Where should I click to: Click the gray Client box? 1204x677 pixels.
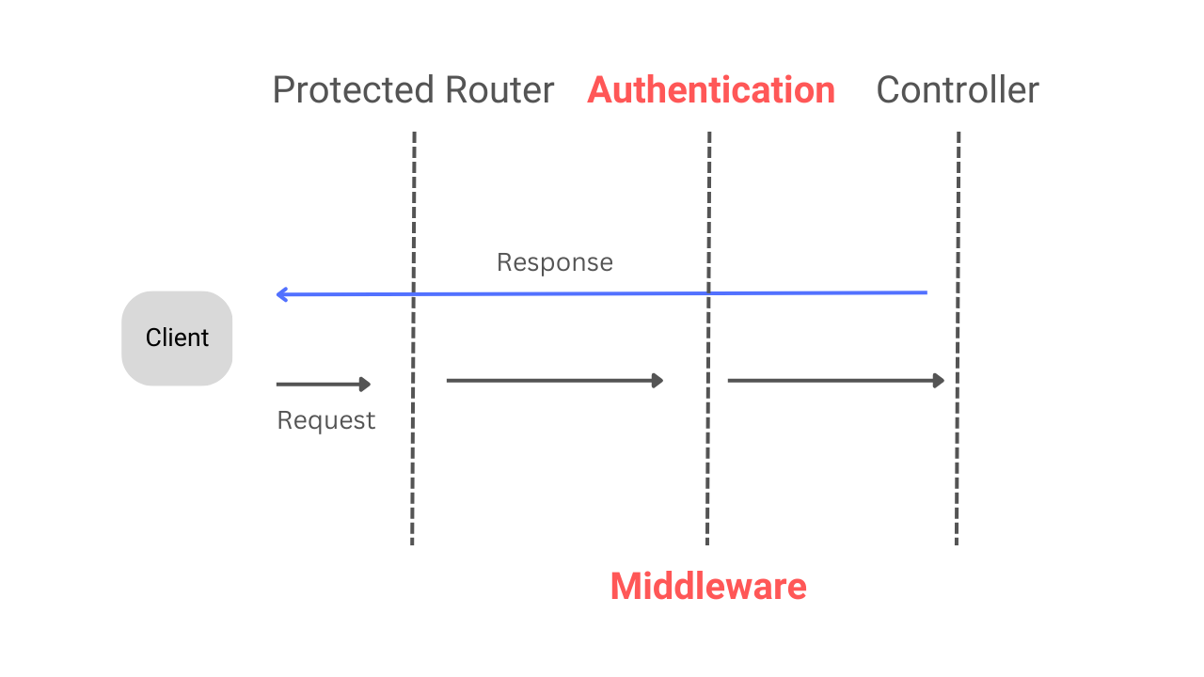(177, 338)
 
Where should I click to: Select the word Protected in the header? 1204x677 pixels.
(354, 91)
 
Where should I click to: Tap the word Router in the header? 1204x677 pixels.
(499, 91)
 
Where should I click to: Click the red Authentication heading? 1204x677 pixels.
(711, 90)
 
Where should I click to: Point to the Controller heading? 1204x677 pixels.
(958, 90)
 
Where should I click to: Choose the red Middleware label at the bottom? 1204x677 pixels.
(708, 587)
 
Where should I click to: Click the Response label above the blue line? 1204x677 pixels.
(554, 262)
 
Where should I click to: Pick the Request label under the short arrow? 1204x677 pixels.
(325, 420)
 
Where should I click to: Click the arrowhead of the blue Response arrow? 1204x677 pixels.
(281, 294)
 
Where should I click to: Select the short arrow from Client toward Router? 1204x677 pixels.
(323, 384)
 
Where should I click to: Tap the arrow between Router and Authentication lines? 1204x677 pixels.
(554, 381)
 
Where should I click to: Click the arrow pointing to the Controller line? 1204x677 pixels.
(834, 381)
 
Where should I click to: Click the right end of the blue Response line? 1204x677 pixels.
(925, 292)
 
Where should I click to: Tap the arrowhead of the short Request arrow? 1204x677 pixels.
(367, 384)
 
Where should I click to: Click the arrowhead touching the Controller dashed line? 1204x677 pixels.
(939, 381)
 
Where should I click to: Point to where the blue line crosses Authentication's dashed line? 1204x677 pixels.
(708, 293)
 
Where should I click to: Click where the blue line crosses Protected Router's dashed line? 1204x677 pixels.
(414, 294)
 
